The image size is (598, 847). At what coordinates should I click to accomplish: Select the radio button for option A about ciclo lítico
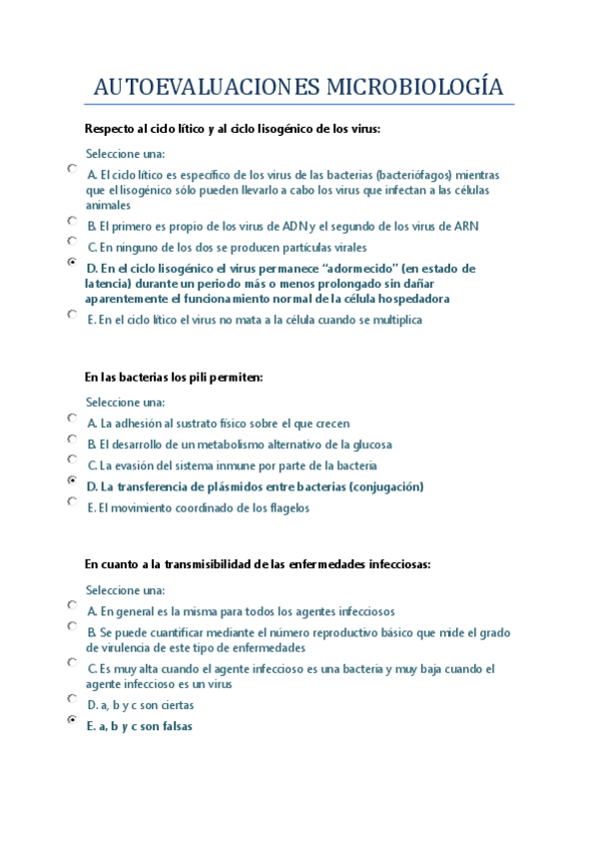pos(72,169)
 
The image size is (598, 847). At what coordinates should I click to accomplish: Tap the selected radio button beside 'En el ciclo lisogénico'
pos(72,263)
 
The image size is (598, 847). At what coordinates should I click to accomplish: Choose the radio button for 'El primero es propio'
pos(72,220)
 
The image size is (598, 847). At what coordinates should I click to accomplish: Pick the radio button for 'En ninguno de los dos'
pos(72,241)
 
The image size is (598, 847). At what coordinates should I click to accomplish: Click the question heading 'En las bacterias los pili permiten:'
pos(174,377)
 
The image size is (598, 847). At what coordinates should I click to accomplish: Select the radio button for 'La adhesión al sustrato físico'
pos(72,418)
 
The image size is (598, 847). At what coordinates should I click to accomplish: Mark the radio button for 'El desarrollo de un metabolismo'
pos(72,438)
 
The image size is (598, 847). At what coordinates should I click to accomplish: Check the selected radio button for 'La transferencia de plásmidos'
pos(72,480)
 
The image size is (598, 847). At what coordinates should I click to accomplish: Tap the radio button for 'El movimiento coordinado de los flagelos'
pos(72,501)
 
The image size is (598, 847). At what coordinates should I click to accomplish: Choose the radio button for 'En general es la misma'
pos(72,604)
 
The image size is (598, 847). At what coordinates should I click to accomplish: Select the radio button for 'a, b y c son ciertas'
pos(72,698)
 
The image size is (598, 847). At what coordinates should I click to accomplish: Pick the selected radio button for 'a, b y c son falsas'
pos(72,719)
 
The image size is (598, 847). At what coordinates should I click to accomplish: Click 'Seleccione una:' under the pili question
pos(125,403)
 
